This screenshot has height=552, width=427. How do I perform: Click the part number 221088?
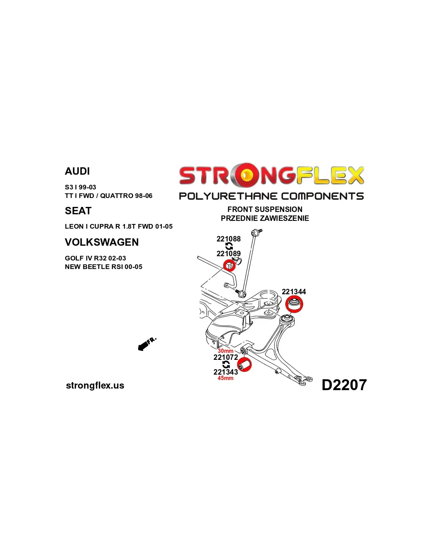(228, 239)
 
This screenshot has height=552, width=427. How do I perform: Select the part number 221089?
(228, 253)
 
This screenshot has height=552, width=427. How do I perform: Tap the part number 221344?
(293, 292)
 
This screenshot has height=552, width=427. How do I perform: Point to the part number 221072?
(226, 357)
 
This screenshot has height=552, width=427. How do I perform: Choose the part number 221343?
(226, 372)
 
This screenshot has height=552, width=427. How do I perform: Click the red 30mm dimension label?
(225, 351)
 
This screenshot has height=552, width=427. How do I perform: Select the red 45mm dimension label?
(225, 378)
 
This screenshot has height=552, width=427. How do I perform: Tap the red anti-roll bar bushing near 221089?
(229, 266)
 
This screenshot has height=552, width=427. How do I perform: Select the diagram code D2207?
(344, 385)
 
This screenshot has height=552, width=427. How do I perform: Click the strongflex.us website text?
(95, 385)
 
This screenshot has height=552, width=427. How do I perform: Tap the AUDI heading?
(77, 171)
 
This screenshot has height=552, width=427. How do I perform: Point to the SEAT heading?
(78, 211)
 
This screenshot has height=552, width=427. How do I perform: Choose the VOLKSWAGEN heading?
(102, 242)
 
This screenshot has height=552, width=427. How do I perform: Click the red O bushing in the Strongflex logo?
(246, 175)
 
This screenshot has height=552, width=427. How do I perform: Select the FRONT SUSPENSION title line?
(265, 209)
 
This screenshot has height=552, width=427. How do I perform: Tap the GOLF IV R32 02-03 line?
(95, 258)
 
